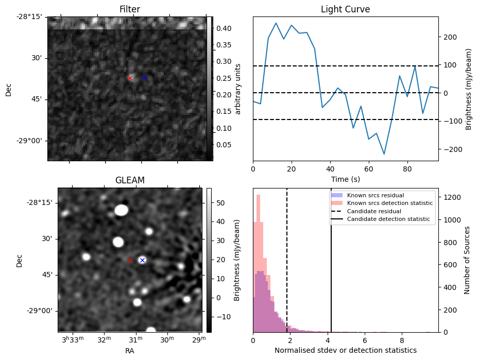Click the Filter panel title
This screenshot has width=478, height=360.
[130, 9]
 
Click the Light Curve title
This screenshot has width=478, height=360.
[345, 9]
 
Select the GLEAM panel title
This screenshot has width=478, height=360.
[130, 180]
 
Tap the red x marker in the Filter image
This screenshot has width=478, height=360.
[130, 78]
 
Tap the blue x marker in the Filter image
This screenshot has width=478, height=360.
[144, 78]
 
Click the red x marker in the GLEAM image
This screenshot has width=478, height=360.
[130, 260]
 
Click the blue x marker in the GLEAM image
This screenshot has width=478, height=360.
[142, 260]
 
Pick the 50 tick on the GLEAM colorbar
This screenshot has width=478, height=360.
[217, 203]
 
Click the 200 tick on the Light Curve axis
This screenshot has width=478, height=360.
[447, 37]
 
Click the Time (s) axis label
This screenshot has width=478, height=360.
[345, 179]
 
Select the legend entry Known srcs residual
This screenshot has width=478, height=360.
[374, 196]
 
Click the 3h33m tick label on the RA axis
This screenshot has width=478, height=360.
[72, 340]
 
